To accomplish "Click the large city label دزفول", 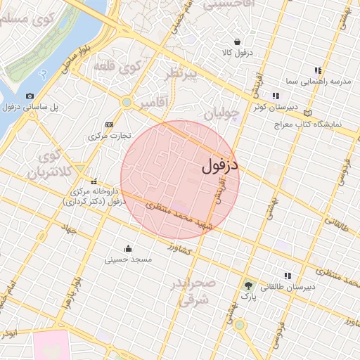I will tap(220, 165).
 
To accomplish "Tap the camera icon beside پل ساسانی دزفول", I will tap(30, 96).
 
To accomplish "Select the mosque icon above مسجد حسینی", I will tap(128, 248).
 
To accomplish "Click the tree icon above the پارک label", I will tap(247, 285).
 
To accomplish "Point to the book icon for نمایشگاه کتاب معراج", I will tap(307, 112).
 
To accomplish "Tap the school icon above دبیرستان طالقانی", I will tap(287, 276).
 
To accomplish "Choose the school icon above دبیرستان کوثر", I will tap(276, 96).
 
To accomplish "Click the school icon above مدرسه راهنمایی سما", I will tap(318, 70).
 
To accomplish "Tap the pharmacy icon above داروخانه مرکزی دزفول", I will tap(94, 181).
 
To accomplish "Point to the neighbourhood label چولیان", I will tap(221, 112).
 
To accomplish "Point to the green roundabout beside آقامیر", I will tap(127, 103).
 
